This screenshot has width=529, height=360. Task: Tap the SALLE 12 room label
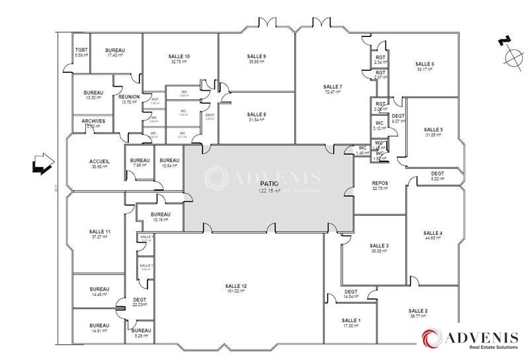235,285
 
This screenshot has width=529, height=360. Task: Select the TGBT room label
81,50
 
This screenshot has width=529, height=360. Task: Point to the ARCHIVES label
93,121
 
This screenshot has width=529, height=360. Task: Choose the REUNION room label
128,97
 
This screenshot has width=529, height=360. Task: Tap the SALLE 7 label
333,87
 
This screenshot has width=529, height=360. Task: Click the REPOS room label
380,183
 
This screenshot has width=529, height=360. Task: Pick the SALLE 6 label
425,64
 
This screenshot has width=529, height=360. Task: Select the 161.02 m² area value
235,291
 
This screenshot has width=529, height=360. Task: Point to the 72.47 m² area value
333,92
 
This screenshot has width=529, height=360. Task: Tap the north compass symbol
512,54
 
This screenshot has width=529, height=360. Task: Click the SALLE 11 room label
99,231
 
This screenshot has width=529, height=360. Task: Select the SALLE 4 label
432,233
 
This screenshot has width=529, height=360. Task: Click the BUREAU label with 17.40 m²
115,50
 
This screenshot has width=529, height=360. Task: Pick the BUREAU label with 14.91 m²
99,326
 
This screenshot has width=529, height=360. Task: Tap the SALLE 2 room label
418,310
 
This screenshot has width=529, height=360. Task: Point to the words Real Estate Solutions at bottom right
483,347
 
